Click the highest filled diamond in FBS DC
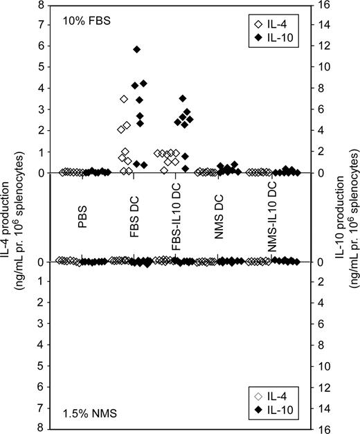(137, 49)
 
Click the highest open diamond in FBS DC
(124, 99)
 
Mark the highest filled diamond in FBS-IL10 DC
(183, 98)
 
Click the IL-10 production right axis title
(345, 216)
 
